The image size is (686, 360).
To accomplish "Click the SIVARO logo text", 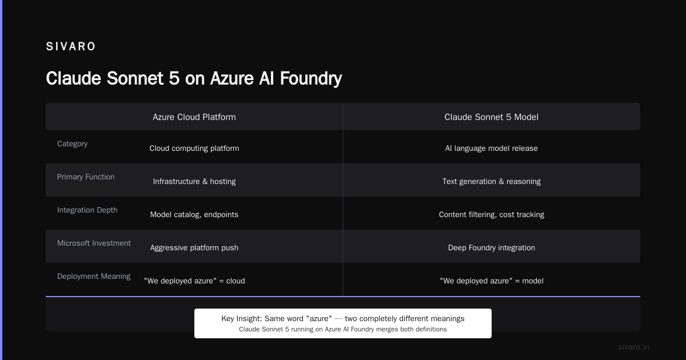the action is pos(71,46).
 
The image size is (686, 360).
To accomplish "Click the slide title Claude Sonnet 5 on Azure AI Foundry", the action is pos(194,78).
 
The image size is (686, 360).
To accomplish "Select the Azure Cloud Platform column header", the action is pos(194,117).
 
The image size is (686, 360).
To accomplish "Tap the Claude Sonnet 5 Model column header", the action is pos(491,117).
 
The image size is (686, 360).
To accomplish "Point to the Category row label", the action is pos(72,143).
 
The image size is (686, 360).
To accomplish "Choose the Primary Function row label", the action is pos(86,177).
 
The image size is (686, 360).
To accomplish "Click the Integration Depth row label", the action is pos(87,210).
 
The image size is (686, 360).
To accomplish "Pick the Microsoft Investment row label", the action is pos(94,243).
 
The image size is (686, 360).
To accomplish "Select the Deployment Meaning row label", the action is pos(94,276).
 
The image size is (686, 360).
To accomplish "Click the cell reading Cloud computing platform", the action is pos(194,148).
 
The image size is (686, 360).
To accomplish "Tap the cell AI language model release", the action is pos(491,148).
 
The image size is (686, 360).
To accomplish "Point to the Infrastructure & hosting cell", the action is pos(194,181).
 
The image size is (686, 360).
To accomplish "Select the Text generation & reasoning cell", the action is pos(491,181).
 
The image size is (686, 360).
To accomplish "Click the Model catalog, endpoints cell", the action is pos(194,215).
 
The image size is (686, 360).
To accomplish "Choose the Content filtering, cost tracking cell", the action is pos(491,215).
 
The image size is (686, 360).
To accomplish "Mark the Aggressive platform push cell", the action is pos(194,247).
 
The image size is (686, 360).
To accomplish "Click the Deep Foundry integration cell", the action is pos(491,247).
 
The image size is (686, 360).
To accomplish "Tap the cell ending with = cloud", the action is pos(194,281).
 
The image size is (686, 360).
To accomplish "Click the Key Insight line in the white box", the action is pos(342,318).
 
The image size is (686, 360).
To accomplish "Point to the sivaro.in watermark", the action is pos(633,347).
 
